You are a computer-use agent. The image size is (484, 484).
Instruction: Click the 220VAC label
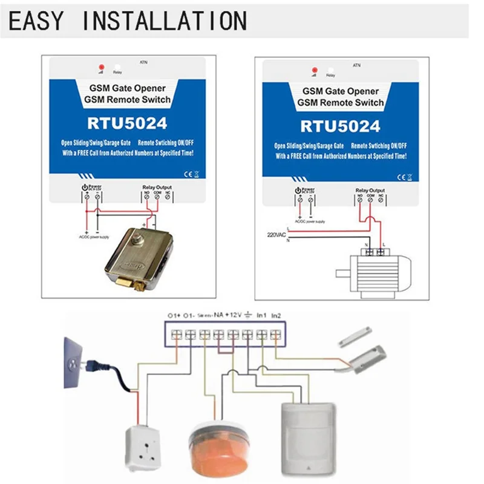click(x=276, y=234)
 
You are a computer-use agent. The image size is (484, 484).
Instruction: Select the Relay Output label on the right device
click(x=370, y=191)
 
